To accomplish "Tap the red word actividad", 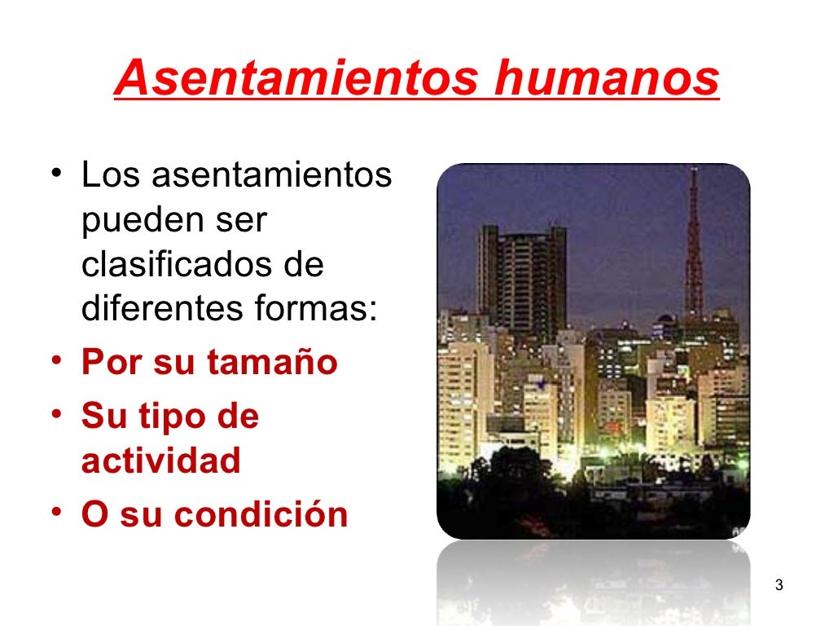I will (x=161, y=461).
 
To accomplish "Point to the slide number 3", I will (x=779, y=585).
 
